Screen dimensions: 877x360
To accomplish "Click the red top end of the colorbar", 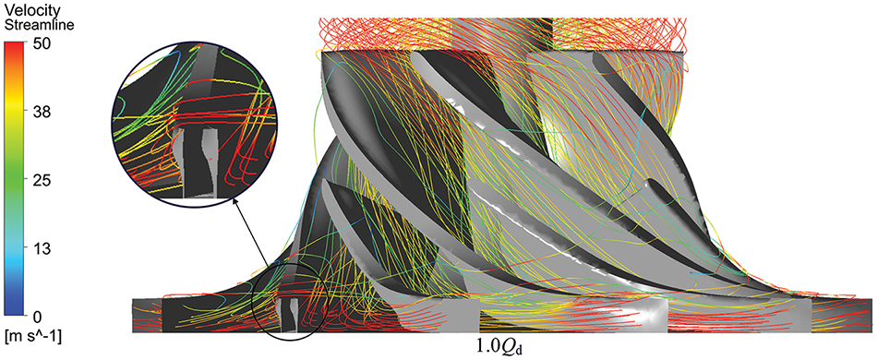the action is [14, 44].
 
